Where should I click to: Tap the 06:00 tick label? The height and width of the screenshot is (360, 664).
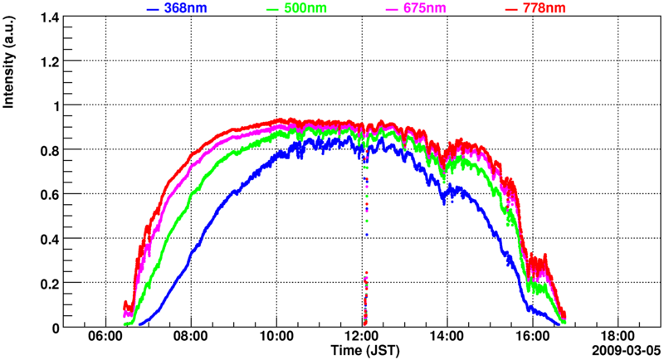point(105,338)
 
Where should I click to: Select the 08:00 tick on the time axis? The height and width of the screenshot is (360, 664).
point(191,338)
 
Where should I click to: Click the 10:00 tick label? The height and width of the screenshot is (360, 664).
point(276,338)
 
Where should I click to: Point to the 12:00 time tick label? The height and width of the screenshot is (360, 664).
point(362,338)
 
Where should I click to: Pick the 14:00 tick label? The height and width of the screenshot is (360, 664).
point(447,338)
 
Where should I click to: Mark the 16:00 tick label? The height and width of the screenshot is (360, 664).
point(533,338)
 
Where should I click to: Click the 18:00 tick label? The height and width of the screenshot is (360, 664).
point(618,338)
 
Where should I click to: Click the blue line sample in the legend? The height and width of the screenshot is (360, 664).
point(153,9)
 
